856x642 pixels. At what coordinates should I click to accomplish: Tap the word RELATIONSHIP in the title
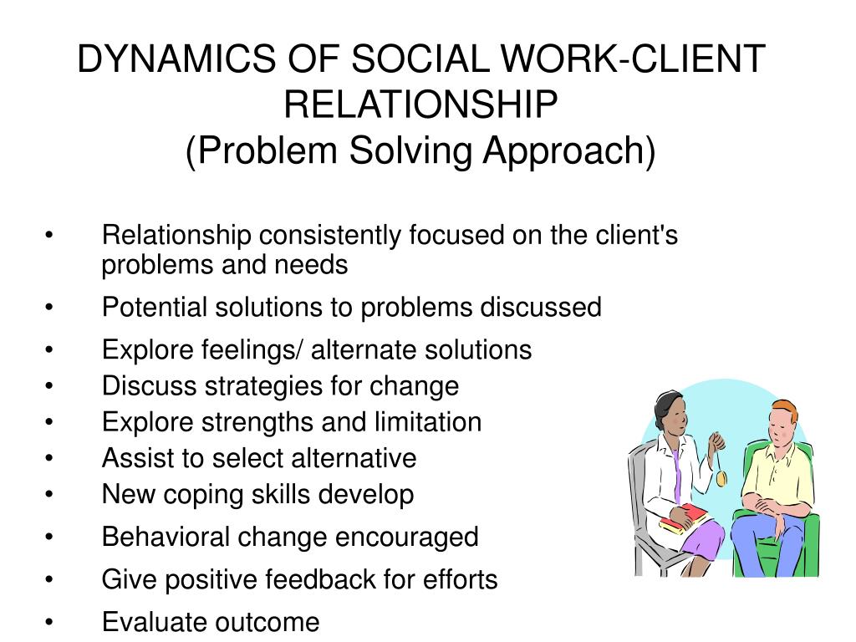pos(420,105)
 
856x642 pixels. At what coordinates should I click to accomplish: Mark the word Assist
pos(135,458)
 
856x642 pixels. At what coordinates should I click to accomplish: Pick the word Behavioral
pos(167,537)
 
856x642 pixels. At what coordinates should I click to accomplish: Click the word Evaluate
pos(155,622)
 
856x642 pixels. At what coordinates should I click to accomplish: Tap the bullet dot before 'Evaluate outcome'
pos(51,623)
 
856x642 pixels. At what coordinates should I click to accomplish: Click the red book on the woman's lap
pos(684,519)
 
